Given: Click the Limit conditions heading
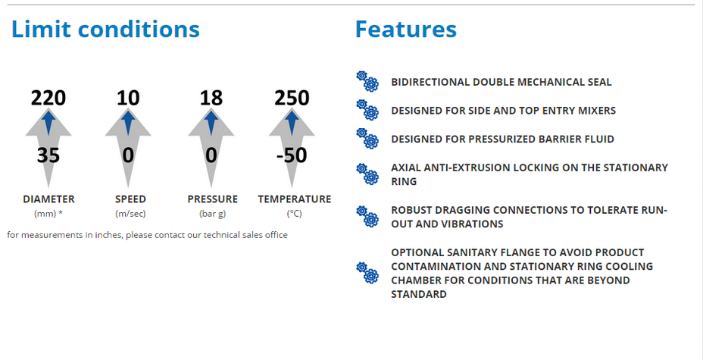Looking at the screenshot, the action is (x=105, y=29).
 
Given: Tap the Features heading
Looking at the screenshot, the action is (x=406, y=29).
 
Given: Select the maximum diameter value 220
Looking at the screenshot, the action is (x=48, y=98).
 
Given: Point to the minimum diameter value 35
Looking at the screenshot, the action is (x=48, y=155).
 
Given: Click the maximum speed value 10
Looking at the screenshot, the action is (x=128, y=98).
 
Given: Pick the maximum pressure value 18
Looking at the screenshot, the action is (x=211, y=98).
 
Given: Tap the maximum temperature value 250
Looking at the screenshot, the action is (x=292, y=98).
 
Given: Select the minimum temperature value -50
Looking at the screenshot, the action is (x=291, y=155).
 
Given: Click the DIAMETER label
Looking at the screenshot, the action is (x=49, y=199).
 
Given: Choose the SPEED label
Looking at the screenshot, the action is (x=130, y=199).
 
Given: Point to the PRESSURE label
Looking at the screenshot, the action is (x=213, y=199).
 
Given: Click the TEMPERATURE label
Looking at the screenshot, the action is (x=295, y=199).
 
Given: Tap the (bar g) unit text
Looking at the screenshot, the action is (x=213, y=214).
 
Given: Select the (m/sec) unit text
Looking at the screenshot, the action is (x=130, y=214).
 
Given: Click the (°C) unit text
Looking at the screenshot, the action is (x=295, y=214).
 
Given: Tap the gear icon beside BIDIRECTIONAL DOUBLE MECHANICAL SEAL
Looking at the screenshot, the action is (x=367, y=81).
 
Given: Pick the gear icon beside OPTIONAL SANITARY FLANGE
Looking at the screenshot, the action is (x=367, y=273).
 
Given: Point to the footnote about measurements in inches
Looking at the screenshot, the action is (x=148, y=235).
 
